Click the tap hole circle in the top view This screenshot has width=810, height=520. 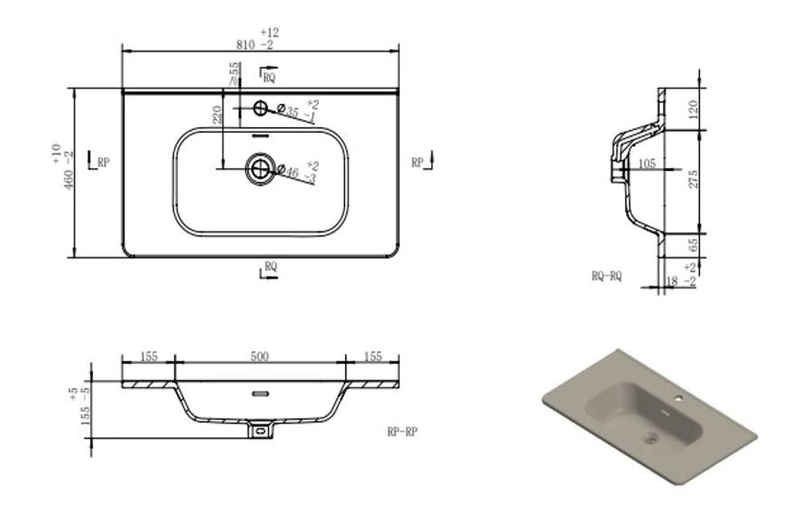point(261,108)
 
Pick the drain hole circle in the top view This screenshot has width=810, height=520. point(260,167)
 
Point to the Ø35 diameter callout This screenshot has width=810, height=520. point(288,111)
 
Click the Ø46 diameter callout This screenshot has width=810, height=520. point(288,170)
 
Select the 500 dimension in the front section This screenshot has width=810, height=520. point(260,357)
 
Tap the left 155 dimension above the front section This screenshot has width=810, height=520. point(149,357)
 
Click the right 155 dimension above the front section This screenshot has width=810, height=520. point(373,357)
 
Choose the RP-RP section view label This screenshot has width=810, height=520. point(401,432)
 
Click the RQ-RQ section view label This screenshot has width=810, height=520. point(606,277)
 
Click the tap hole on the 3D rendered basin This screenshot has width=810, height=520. point(678,399)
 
